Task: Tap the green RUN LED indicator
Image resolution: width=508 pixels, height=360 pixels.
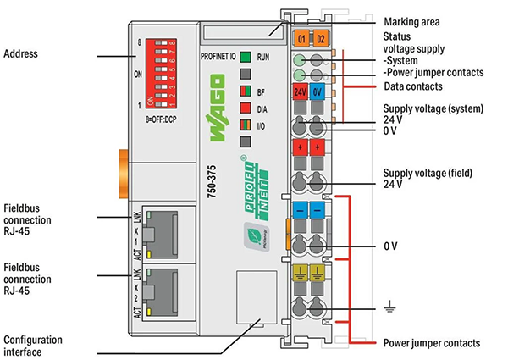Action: pyautogui.click(x=244, y=58)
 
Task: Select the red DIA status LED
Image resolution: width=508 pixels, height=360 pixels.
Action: pyautogui.click(x=244, y=108)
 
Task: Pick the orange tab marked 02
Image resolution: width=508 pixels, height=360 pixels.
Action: pyautogui.click(x=320, y=39)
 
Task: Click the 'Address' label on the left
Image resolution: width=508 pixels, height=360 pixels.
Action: pyautogui.click(x=21, y=54)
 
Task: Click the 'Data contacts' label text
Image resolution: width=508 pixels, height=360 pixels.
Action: pyautogui.click(x=414, y=86)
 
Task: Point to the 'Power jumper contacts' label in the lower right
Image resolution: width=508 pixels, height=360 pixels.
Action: pyautogui.click(x=433, y=342)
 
